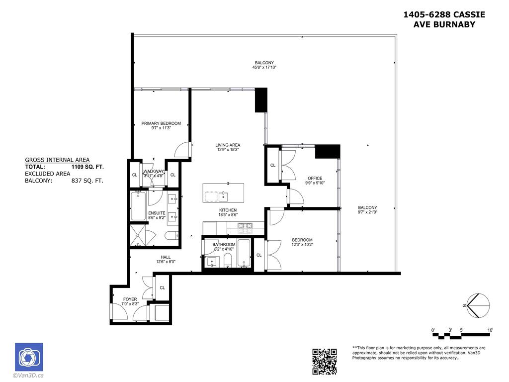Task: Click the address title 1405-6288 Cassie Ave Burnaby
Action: tap(444, 19)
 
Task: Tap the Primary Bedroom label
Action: tap(161, 123)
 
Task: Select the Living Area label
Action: tap(228, 145)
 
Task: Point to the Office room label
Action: tap(315, 178)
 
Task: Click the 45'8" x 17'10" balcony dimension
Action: tap(264, 67)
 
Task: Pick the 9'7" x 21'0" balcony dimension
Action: tap(368, 212)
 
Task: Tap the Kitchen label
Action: tap(228, 210)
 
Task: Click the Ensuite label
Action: tap(157, 213)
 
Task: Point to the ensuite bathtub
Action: tap(138, 206)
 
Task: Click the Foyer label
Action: tap(130, 299)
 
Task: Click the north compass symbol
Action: tap(478, 305)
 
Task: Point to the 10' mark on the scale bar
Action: tap(490, 330)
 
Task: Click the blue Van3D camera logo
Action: tap(29, 357)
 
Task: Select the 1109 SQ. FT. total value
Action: tap(87, 167)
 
